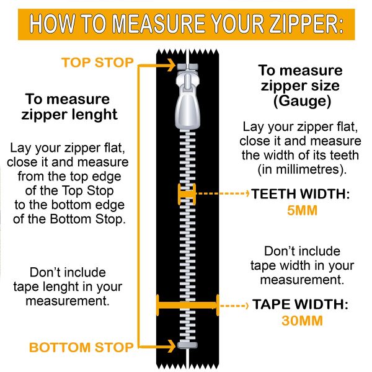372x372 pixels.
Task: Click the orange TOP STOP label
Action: point(97,63)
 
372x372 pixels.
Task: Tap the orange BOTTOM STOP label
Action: point(81,347)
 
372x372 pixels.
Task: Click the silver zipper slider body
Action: point(187,100)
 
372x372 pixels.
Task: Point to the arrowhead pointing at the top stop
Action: point(170,64)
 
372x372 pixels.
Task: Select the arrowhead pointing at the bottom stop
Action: point(170,347)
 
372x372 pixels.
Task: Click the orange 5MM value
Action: point(303,210)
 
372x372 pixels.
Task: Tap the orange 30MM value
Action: point(303,321)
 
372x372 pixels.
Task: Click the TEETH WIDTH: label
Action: point(300,194)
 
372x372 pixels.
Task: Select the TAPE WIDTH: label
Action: point(300,304)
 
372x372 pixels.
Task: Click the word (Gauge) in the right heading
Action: point(302,101)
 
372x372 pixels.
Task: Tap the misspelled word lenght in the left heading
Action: point(94,114)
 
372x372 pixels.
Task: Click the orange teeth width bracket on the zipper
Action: point(187,194)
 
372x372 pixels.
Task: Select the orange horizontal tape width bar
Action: point(187,305)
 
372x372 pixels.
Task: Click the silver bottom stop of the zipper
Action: point(187,345)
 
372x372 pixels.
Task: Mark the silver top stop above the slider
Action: point(187,67)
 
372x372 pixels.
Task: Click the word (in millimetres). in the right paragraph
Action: point(303,170)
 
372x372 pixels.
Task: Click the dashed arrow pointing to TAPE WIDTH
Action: point(234,305)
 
